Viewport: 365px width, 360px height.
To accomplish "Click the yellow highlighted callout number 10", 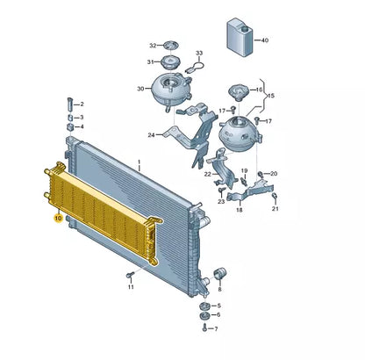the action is pyautogui.click(x=59, y=219).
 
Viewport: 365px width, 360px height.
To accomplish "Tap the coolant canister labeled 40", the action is pyautogui.click(x=240, y=37).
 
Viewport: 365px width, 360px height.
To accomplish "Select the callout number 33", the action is pyautogui.click(x=199, y=53).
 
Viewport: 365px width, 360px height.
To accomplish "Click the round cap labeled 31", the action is pyautogui.click(x=170, y=62).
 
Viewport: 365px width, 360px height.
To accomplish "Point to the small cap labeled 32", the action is pyautogui.click(x=171, y=46).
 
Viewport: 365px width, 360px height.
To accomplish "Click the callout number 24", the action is pyautogui.click(x=151, y=135).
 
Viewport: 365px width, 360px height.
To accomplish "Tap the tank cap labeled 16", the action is pyautogui.click(x=240, y=92).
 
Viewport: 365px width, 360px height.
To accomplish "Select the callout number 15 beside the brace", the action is pyautogui.click(x=271, y=96).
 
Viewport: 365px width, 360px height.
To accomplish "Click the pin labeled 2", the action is pyautogui.click(x=70, y=104).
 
